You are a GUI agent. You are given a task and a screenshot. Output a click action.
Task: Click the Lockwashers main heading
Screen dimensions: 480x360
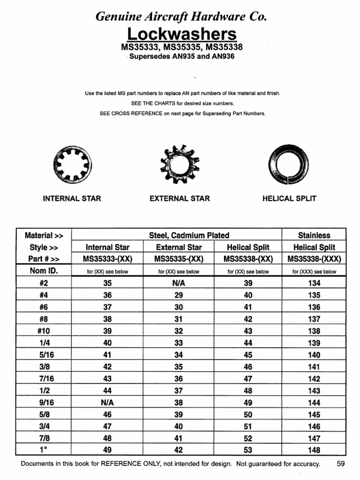pos(182,34)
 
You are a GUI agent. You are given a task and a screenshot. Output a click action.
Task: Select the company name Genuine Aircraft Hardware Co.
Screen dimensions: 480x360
pos(181,17)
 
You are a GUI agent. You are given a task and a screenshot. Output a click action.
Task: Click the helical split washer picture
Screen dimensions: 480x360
pos(289,165)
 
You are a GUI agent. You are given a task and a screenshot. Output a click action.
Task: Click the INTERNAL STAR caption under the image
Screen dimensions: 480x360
pos(72,198)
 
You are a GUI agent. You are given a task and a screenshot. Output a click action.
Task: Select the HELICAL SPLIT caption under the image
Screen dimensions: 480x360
pos(289,198)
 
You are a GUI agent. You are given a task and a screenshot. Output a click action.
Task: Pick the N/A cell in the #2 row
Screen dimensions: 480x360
pos(179,283)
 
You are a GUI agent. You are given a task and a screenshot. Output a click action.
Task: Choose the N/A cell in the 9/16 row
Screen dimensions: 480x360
pos(107,403)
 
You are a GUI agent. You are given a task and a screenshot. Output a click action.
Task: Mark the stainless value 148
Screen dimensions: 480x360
pos(314,450)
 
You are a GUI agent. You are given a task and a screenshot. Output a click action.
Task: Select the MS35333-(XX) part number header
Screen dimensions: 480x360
pos(107,259)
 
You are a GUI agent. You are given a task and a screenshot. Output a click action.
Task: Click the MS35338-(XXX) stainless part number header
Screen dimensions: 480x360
pos(314,259)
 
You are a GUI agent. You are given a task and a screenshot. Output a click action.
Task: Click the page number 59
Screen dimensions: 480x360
pos(341,464)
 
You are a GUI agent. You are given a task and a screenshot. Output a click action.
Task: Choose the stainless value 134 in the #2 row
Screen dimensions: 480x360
pos(314,283)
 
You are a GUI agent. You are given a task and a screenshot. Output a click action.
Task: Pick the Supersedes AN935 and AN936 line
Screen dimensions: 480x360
pos(182,57)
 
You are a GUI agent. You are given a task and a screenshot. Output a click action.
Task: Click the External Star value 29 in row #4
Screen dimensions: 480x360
pos(179,295)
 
